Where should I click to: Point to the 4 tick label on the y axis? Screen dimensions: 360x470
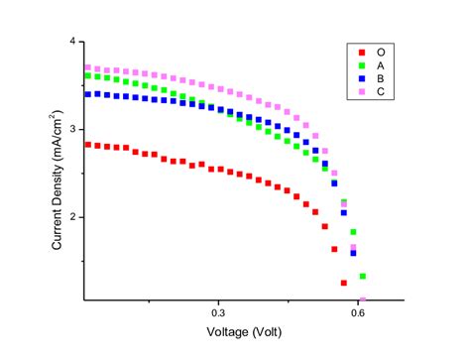tap(71, 41)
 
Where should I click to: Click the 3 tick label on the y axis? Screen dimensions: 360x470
tap(71, 129)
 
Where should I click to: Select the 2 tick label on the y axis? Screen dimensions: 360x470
tap(71, 217)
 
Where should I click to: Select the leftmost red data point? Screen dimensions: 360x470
tap(87, 144)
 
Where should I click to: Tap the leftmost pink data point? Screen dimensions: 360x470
tap(87, 67)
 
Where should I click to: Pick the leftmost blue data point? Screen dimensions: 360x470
tap(87, 94)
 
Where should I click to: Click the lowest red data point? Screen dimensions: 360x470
tap(344, 283)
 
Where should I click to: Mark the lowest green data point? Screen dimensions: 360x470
tap(363, 276)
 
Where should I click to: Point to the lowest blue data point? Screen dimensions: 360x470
tap(353, 253)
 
